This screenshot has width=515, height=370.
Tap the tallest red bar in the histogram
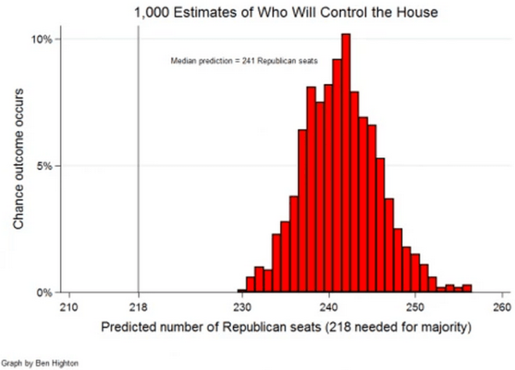346,164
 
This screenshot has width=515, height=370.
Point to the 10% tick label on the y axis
42,39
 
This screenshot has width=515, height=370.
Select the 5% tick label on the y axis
44,166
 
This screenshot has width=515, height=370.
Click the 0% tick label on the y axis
44,293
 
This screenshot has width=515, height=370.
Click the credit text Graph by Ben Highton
40,363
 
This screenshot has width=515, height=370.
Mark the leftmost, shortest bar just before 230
241,291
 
